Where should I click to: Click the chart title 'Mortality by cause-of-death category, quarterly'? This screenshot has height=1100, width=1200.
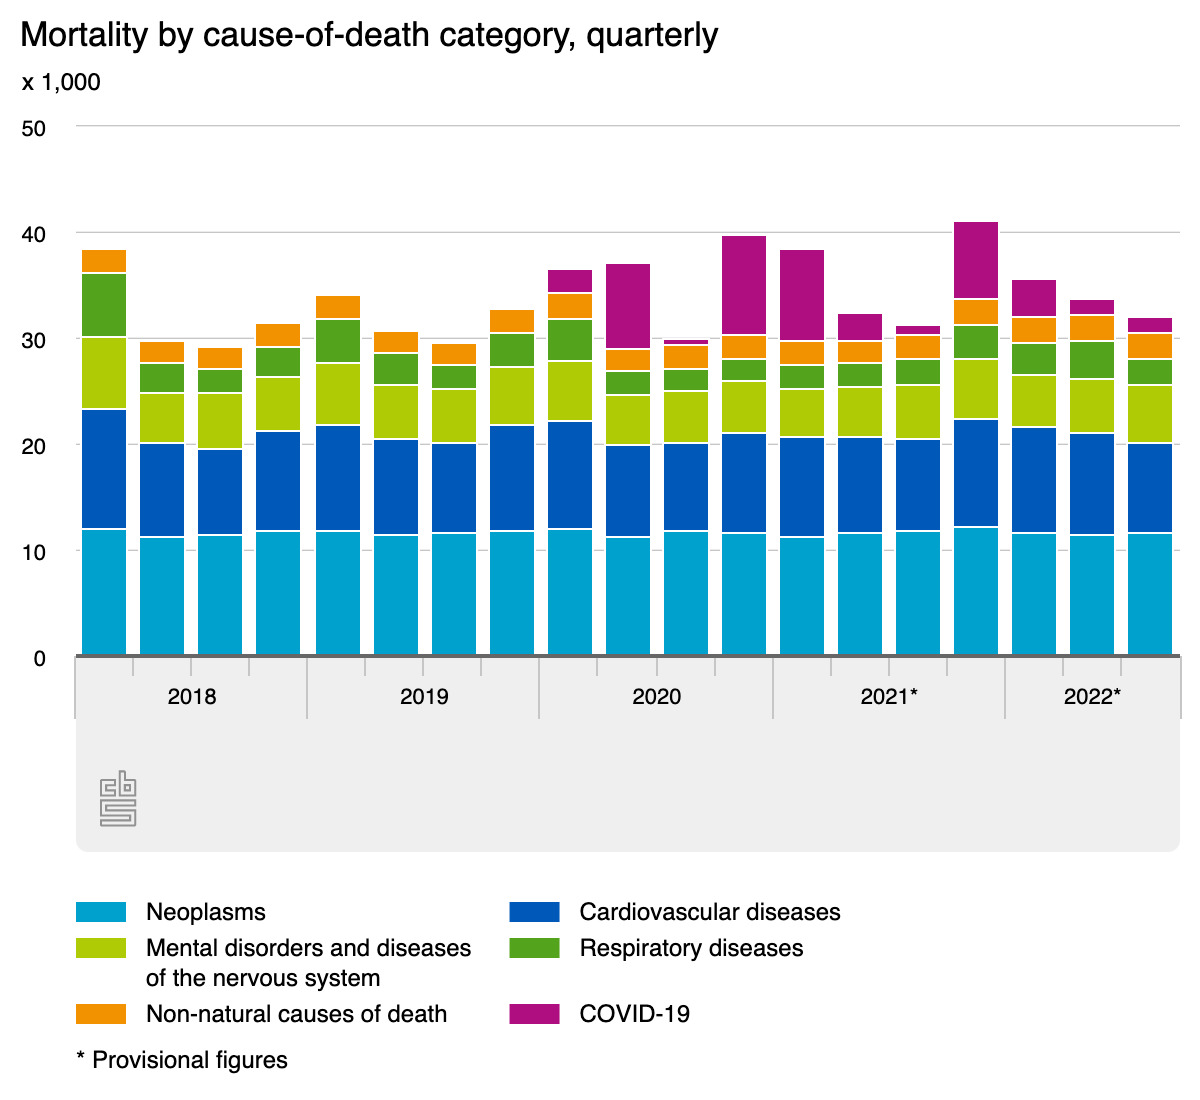click(369, 35)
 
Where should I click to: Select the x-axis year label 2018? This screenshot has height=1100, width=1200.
click(191, 696)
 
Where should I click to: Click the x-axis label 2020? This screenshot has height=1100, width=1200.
click(656, 696)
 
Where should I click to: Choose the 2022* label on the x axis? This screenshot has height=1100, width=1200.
click(1091, 696)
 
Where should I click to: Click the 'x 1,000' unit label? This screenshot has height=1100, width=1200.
click(61, 82)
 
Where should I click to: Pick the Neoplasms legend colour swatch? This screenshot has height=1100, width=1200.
click(101, 912)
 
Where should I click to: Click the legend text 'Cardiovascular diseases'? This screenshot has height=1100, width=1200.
click(709, 912)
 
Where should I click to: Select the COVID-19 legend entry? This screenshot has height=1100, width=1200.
click(634, 1014)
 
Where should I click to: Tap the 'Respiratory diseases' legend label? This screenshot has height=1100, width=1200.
click(691, 947)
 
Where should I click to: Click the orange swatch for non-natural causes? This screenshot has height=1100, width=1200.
click(101, 1014)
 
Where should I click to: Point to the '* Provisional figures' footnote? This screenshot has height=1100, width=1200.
click(182, 1060)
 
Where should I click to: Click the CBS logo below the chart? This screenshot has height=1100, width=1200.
click(118, 798)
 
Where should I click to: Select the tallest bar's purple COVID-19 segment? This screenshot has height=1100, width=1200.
click(976, 260)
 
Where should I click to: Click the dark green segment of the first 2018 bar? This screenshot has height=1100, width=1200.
click(104, 305)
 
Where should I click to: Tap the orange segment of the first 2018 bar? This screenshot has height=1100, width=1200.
click(104, 261)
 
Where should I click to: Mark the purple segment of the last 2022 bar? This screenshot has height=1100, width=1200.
click(1150, 325)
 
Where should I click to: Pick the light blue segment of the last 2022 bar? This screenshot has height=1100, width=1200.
click(1150, 594)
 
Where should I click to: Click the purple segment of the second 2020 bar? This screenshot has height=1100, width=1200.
click(628, 306)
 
